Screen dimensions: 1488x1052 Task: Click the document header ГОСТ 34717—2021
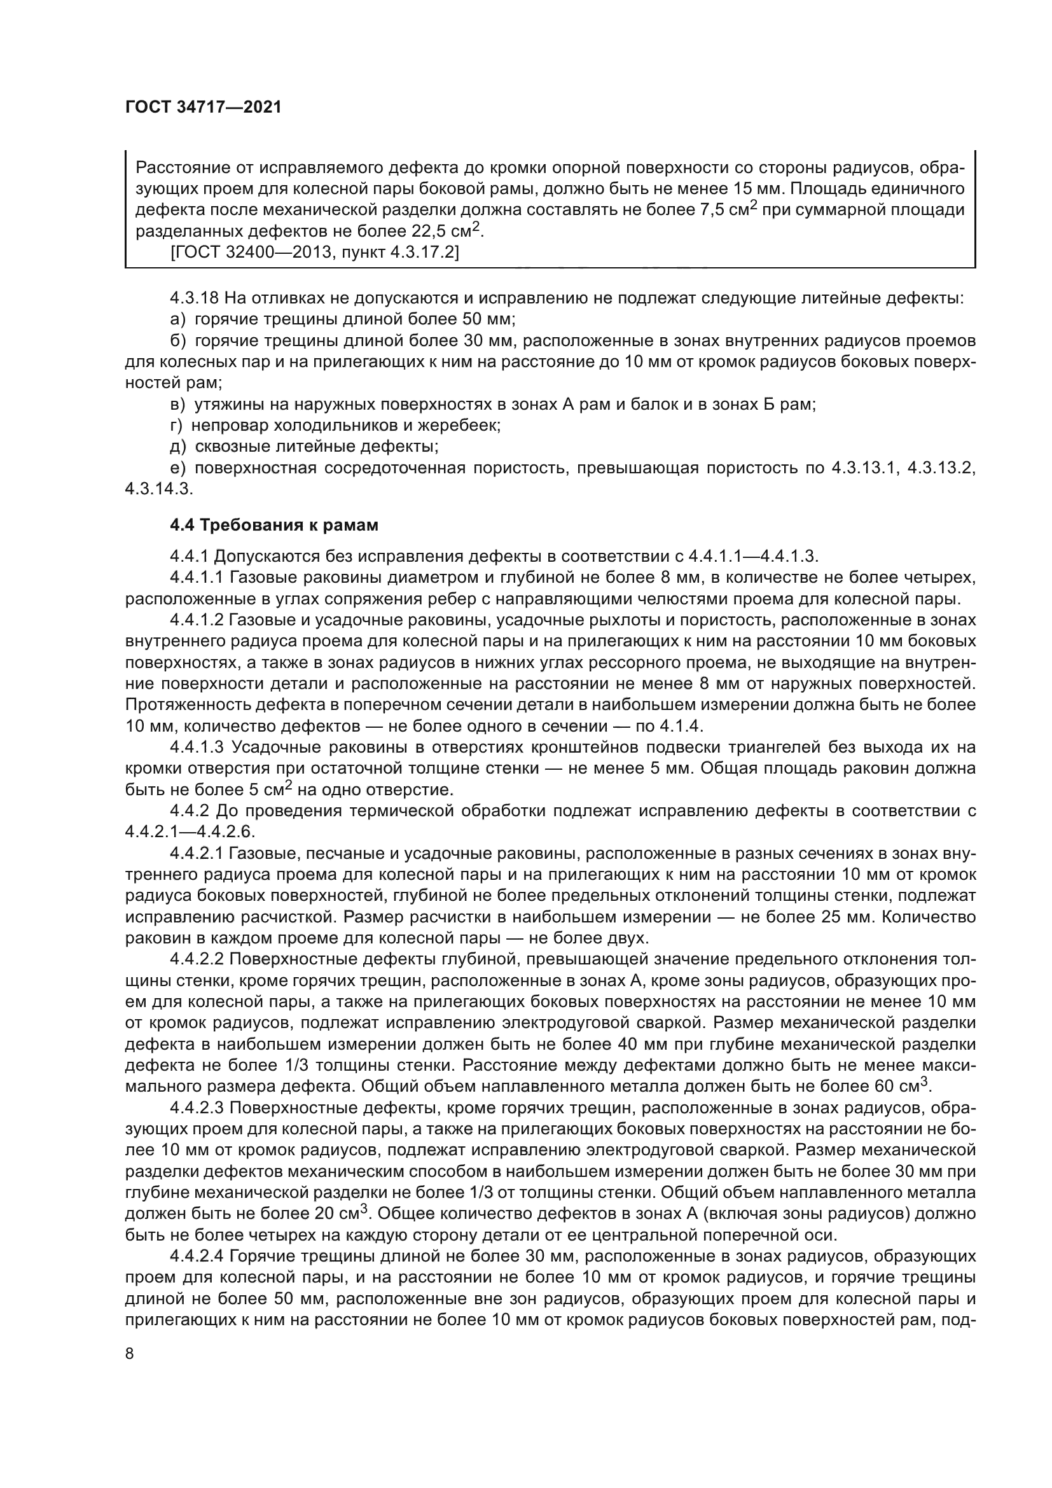(x=203, y=107)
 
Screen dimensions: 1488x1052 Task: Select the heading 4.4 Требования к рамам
(x=274, y=525)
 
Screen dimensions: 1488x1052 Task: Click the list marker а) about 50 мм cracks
(x=177, y=319)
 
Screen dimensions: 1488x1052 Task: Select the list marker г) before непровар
(x=176, y=425)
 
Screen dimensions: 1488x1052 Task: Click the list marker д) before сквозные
(x=177, y=447)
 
